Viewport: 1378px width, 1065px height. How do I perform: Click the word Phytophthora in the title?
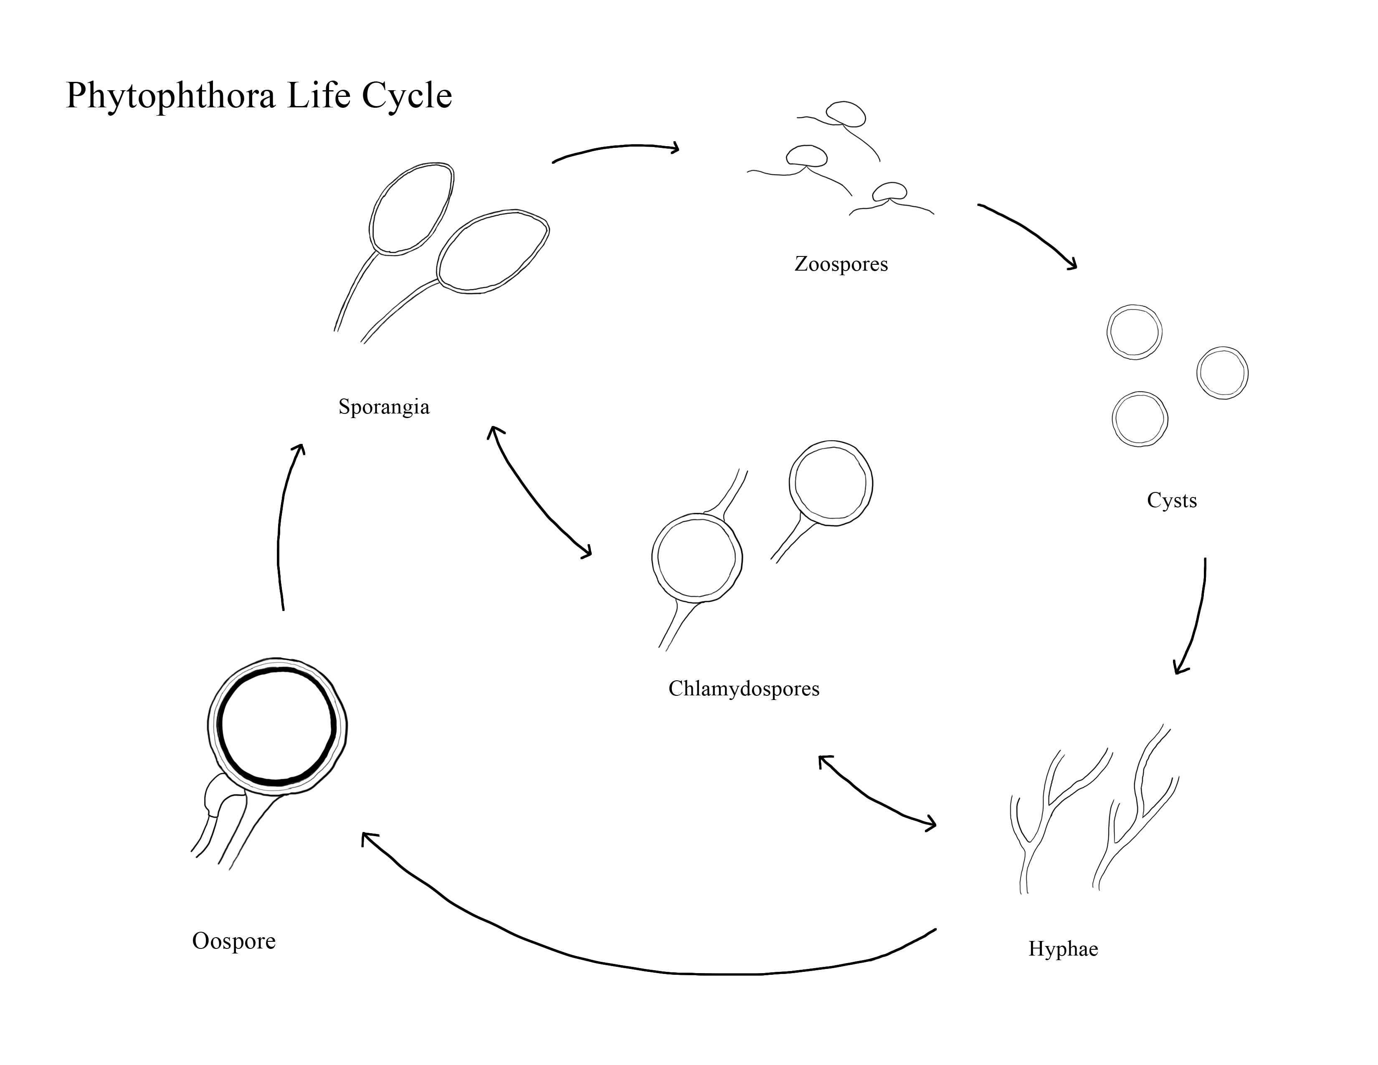coord(171,96)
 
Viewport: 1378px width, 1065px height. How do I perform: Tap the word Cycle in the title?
coord(407,96)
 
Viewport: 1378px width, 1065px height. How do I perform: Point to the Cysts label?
coord(1172,501)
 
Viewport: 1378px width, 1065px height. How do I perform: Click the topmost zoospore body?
coord(846,114)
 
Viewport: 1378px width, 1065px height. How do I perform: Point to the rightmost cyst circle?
coord(1222,373)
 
